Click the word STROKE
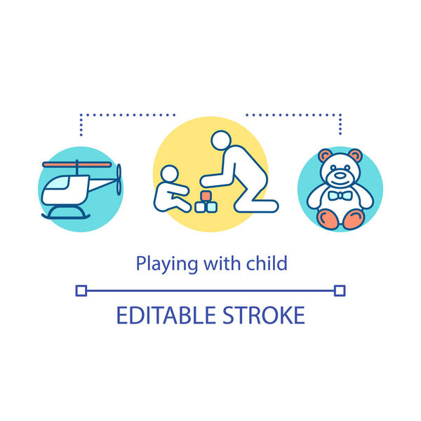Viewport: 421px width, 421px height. point(267,315)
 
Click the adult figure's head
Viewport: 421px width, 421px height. point(221,140)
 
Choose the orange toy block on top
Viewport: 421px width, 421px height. point(207,195)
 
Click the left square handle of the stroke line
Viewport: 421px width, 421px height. point(81,290)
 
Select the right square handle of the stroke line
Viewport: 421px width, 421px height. point(340,290)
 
